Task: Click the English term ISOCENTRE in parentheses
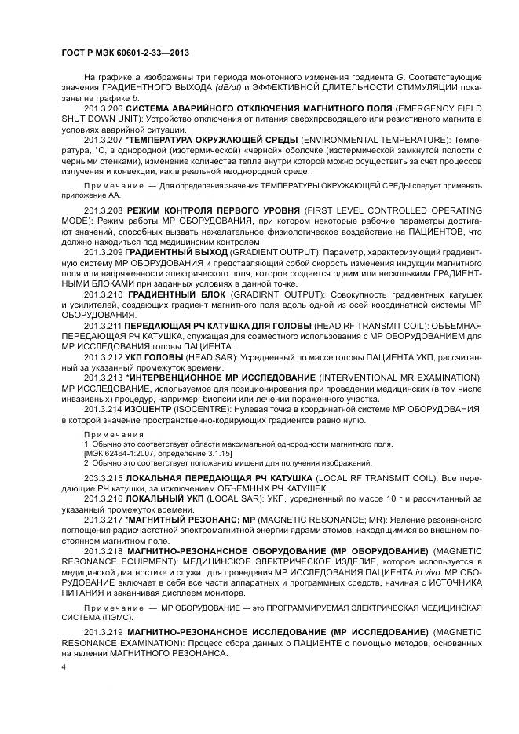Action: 217,410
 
